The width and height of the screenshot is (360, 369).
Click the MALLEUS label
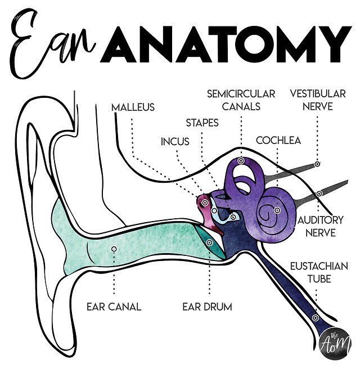(x=133, y=107)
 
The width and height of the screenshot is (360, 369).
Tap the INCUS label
(x=175, y=141)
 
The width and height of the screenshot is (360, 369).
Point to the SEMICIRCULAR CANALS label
(x=241, y=100)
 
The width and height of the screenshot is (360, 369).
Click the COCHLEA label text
(x=278, y=140)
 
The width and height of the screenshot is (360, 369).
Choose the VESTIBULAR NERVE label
(x=317, y=100)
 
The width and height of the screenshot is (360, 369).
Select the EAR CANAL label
(x=114, y=307)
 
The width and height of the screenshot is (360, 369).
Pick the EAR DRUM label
(x=207, y=307)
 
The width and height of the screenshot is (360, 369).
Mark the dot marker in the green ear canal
(x=114, y=249)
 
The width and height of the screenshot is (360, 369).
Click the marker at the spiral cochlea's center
(x=277, y=210)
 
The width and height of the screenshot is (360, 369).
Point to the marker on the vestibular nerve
(x=317, y=164)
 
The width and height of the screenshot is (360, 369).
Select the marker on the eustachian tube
(x=316, y=318)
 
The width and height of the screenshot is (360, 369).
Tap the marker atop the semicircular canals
(x=241, y=161)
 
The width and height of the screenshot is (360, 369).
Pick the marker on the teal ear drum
(x=209, y=242)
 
